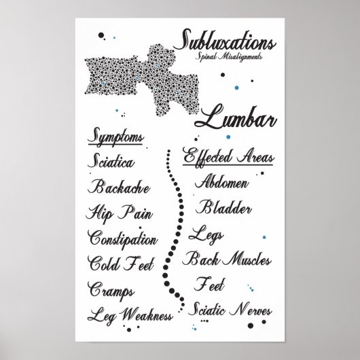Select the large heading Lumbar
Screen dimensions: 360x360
236,121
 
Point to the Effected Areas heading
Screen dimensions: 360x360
229,157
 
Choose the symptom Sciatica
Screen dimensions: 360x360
111,163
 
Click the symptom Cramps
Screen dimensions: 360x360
111,289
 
